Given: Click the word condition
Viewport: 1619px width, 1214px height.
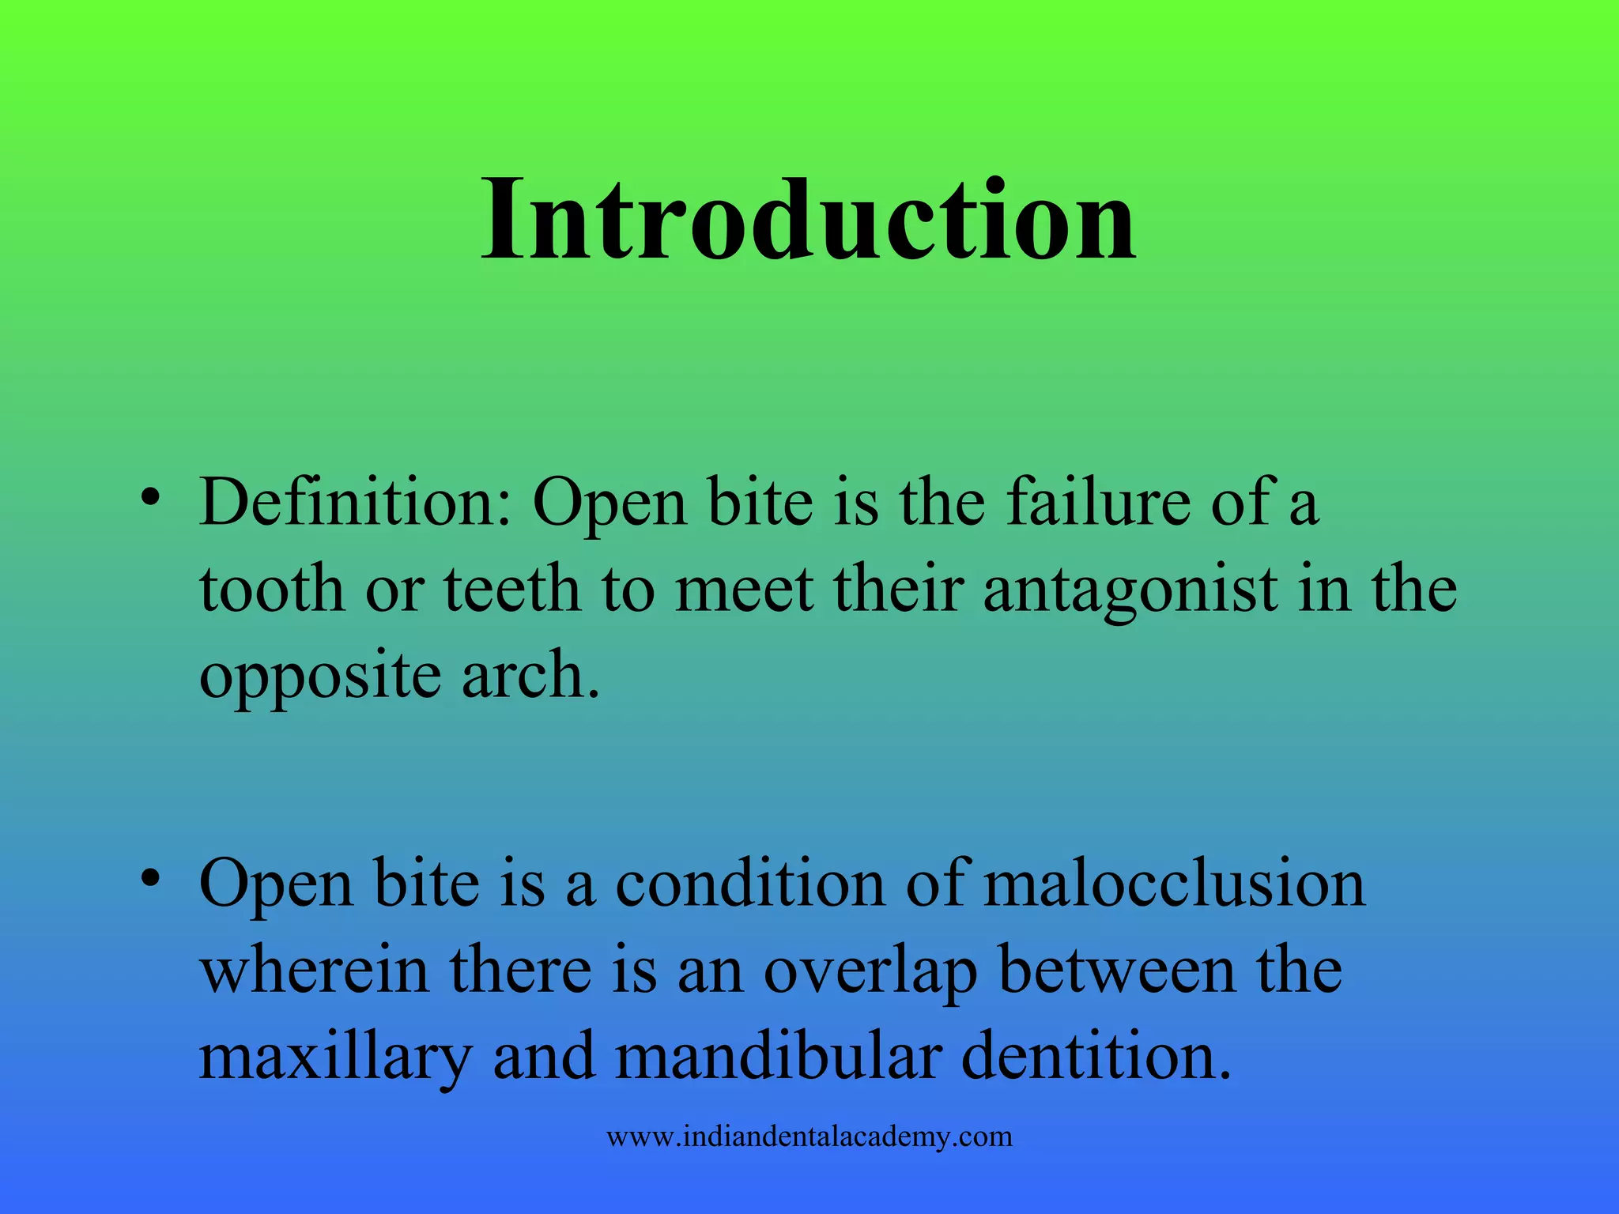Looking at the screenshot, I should tap(749, 884).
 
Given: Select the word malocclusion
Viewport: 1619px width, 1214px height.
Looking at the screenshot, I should tap(1174, 884).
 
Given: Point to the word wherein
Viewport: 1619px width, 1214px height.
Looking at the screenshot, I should tap(315, 971).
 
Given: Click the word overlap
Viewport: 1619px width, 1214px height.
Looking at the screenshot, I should tap(870, 971).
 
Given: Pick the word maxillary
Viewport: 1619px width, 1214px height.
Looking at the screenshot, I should tap(335, 1058).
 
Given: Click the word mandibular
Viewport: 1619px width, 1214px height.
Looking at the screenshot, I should tap(779, 1058).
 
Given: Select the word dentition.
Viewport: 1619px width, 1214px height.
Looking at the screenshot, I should tap(1096, 1058).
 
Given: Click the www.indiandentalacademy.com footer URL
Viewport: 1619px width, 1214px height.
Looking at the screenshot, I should tap(809, 1137).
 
